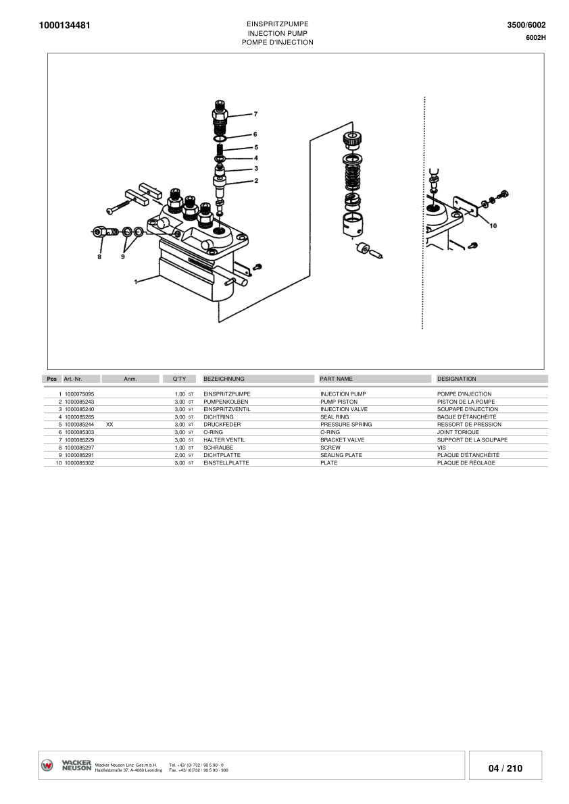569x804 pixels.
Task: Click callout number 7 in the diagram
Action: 255,114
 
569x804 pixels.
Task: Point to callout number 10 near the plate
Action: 493,225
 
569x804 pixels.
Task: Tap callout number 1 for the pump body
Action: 135,282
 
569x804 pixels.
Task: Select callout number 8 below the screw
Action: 99,257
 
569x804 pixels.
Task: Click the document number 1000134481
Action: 65,25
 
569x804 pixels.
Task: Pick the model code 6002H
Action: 536,37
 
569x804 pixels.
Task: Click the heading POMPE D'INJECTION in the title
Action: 278,43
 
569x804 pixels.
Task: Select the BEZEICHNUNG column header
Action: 224,379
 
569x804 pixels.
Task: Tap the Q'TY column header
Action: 179,379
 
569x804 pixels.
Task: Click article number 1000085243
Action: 80,402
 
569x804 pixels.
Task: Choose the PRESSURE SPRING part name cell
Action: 346,425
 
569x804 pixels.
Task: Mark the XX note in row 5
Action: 109,425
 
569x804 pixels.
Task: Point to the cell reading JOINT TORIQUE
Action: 458,432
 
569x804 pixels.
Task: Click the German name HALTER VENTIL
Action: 224,440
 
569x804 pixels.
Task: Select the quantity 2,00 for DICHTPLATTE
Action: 180,455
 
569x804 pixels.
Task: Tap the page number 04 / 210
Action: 505,768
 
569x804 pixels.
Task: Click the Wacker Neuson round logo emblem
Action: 47,766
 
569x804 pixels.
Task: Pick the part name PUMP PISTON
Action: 339,402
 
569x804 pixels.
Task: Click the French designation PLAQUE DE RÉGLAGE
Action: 466,463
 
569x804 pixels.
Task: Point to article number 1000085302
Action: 80,463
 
